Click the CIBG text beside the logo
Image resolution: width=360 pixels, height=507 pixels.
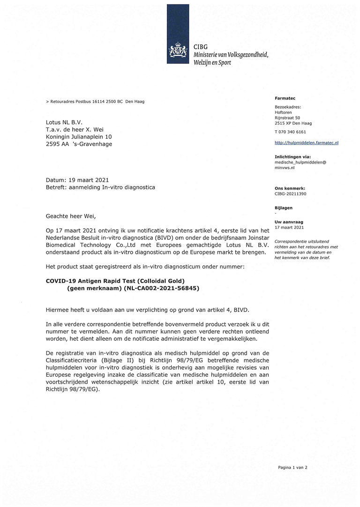(201, 47)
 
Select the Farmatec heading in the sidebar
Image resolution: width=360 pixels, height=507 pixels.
(285, 98)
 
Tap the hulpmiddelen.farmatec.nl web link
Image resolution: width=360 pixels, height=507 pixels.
(306, 142)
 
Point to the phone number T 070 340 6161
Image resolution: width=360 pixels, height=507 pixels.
(290, 132)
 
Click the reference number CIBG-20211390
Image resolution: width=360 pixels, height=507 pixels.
(291, 194)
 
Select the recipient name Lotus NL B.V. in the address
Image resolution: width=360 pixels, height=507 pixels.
(64, 122)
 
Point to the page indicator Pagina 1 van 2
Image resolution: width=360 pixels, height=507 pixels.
(292, 467)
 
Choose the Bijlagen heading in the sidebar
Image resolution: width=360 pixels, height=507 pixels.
(284, 208)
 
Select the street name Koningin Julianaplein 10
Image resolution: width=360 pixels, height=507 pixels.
(79, 137)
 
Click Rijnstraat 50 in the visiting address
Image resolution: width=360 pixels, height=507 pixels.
(287, 118)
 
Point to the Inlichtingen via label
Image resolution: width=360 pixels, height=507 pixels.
(292, 157)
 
